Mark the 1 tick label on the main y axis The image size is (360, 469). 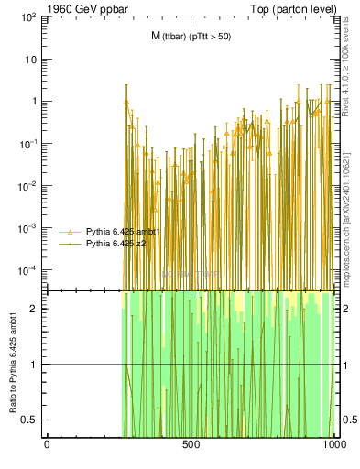(x=33, y=102)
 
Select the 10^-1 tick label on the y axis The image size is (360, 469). (x=28, y=144)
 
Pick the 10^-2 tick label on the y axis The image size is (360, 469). (x=28, y=186)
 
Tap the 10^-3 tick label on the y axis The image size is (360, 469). (x=28, y=228)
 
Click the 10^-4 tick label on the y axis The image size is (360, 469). (x=28, y=270)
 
